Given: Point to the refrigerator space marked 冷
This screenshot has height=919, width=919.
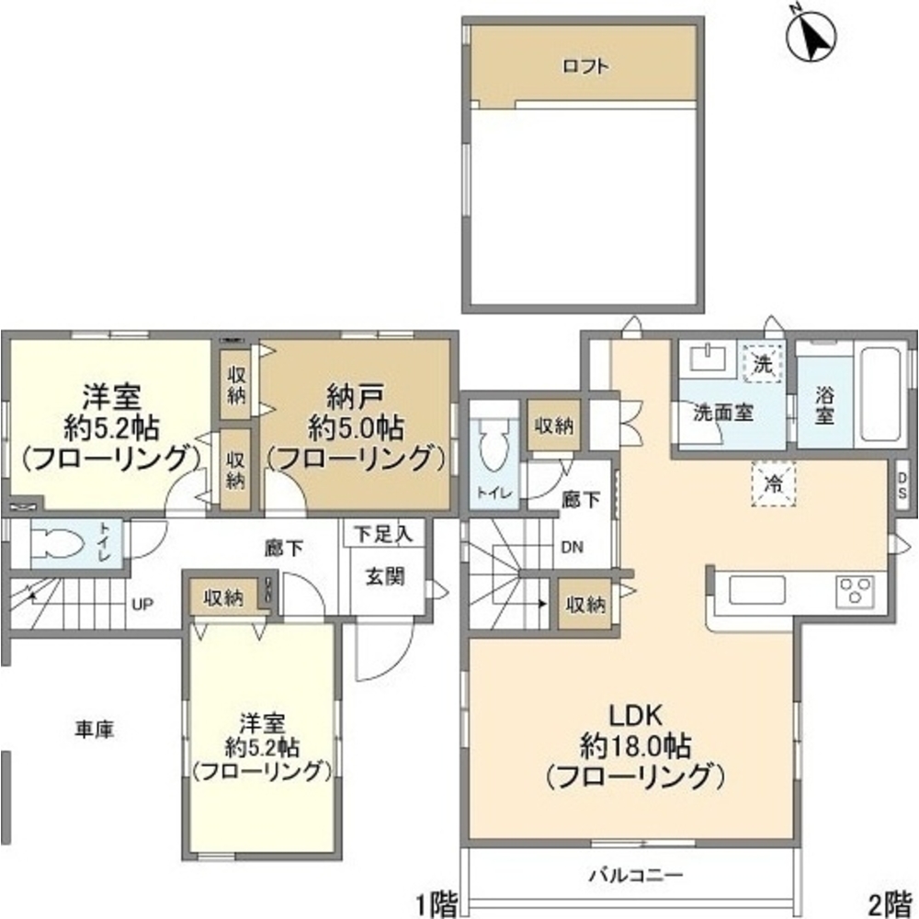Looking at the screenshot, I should click(x=774, y=482).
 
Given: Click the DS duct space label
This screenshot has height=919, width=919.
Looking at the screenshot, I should click(x=902, y=484).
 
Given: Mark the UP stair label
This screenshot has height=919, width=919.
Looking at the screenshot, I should click(x=142, y=604).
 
